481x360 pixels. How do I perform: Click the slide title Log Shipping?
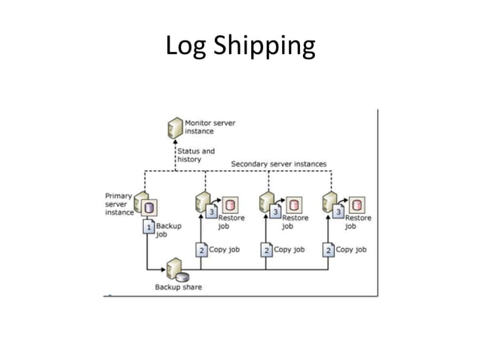[240, 47]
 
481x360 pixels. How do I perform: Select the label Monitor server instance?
[208, 127]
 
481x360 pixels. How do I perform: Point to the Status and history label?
[196, 155]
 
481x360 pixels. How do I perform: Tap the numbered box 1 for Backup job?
[149, 226]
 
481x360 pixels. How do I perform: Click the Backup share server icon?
[176, 269]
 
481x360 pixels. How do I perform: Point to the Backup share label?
[179, 287]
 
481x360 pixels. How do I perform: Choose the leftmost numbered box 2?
[201, 249]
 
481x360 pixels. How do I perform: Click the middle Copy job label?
[289, 249]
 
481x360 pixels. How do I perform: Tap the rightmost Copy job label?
[351, 249]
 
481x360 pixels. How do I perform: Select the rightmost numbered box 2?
[328, 249]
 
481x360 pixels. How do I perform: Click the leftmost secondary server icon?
[201, 202]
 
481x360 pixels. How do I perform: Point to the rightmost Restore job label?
[358, 221]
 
